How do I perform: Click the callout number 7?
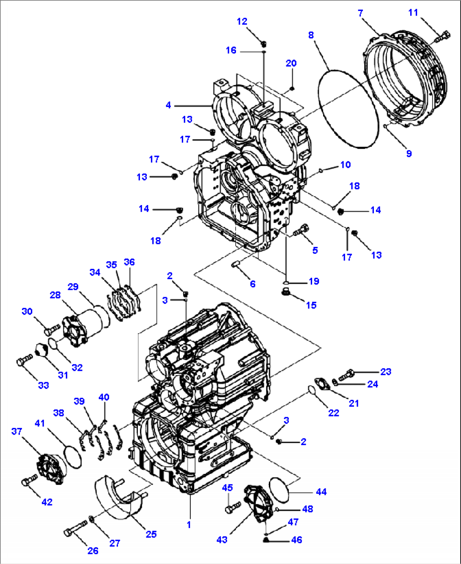(x=360, y=13)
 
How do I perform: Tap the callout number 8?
(x=311, y=35)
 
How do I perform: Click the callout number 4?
(x=168, y=105)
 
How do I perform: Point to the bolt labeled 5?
(x=301, y=230)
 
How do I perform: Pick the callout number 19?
(x=314, y=282)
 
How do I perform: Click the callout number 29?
(x=73, y=287)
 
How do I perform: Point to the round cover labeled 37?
(x=51, y=468)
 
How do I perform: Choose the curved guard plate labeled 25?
(x=116, y=497)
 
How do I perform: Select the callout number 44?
(x=321, y=492)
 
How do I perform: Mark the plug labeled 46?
(x=266, y=539)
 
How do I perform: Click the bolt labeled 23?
(x=346, y=374)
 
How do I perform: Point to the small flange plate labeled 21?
(x=325, y=384)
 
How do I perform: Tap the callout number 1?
(x=189, y=525)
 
